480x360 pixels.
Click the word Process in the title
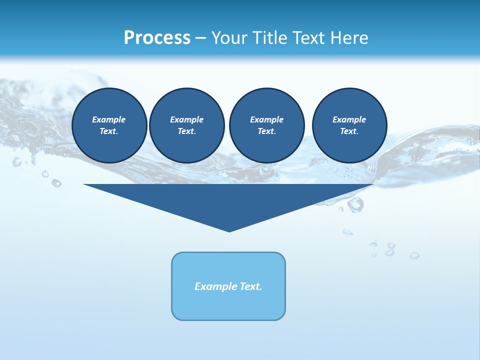157,38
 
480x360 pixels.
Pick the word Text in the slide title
310,38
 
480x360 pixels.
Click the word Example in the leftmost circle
109,119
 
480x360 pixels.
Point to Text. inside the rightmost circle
349,131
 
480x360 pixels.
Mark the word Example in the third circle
267,119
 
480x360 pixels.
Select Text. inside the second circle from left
187,131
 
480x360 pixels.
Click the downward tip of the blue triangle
229,230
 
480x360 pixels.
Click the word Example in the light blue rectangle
215,286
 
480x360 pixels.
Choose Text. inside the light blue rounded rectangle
251,286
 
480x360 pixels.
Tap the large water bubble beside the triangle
355,204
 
